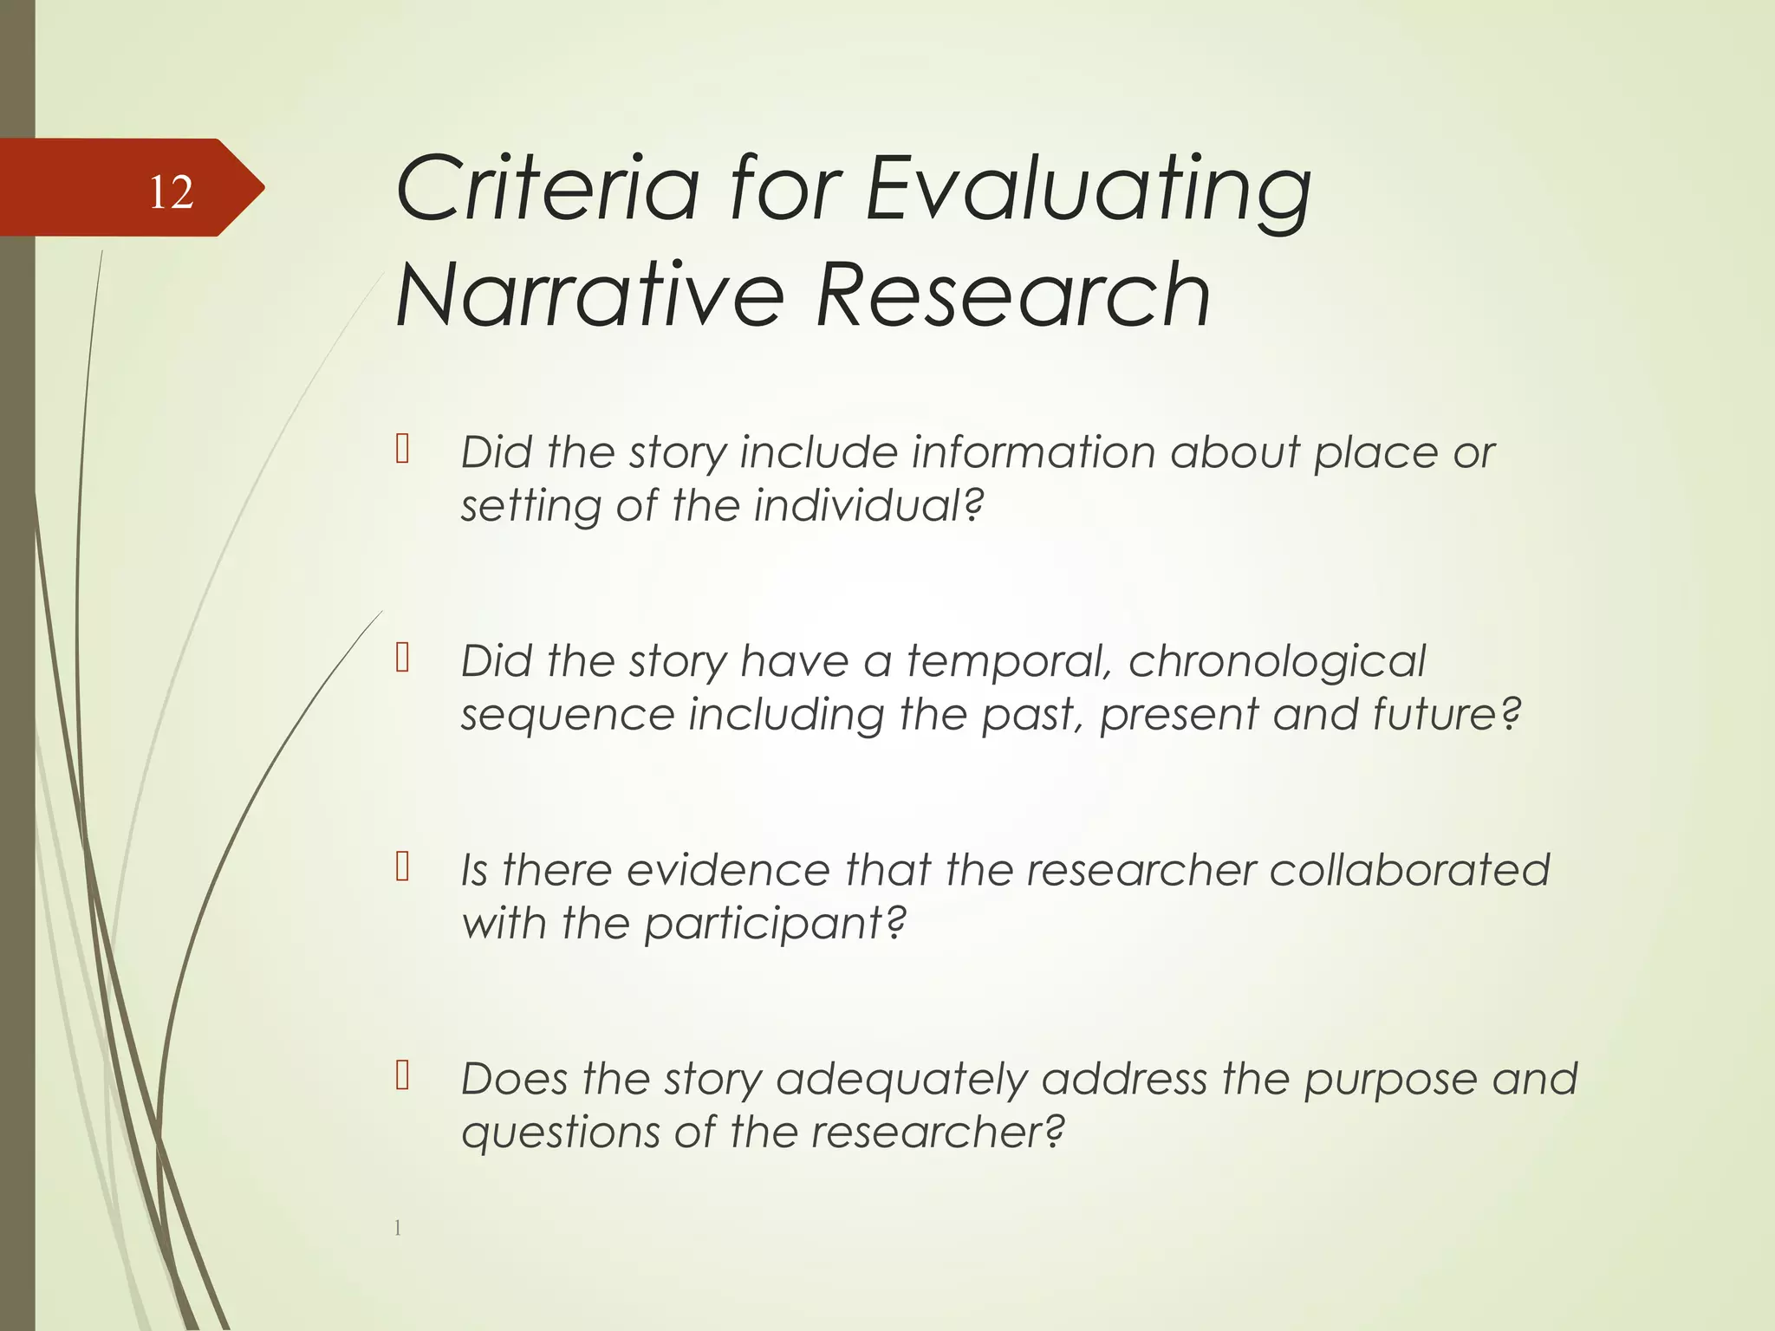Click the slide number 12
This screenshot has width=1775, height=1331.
(171, 192)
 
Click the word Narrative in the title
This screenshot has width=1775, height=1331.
(589, 295)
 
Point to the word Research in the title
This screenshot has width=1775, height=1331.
(1012, 295)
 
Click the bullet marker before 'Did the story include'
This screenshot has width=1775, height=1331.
(402, 450)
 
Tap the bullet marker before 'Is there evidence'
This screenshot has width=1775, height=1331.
(402, 867)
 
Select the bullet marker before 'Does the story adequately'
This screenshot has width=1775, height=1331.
(402, 1075)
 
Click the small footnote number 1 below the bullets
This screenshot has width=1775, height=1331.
(398, 1227)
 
